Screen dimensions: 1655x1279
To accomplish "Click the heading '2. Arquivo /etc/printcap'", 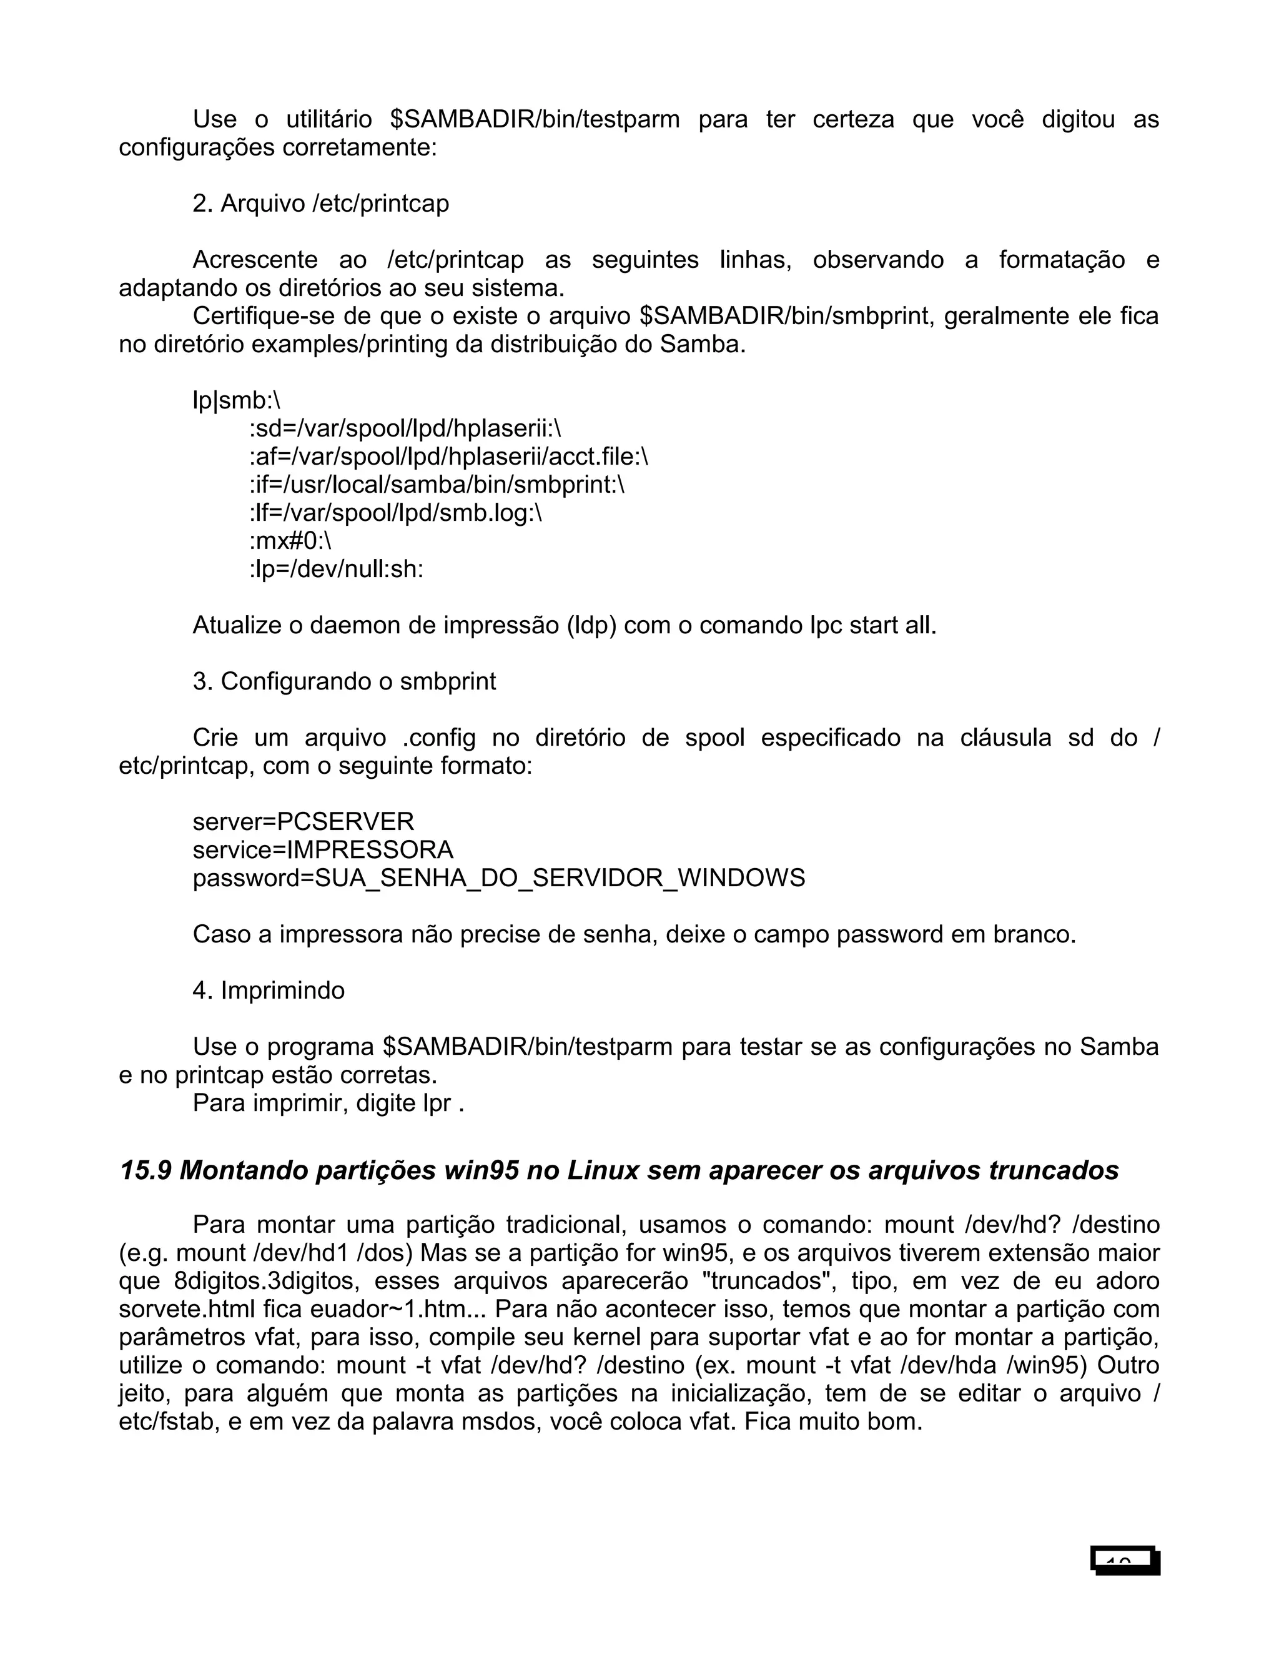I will [x=320, y=204].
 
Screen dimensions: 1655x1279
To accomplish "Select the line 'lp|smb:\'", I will [x=237, y=401].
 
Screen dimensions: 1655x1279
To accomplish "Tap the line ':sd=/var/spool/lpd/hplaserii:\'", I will [x=405, y=429].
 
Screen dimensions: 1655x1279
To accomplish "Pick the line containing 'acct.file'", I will [x=448, y=457].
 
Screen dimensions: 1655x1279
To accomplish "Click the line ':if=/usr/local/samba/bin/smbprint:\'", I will [x=437, y=485].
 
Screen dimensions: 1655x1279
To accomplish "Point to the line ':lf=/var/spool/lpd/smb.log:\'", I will [x=395, y=513].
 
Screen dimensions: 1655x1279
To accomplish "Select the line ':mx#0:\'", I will [x=290, y=541].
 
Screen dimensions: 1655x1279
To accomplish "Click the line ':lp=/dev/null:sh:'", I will [x=337, y=569].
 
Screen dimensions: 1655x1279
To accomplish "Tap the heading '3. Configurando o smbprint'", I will [x=344, y=681].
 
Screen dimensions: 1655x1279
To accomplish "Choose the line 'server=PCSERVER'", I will [x=303, y=821].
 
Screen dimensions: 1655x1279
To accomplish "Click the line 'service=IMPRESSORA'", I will [x=323, y=849].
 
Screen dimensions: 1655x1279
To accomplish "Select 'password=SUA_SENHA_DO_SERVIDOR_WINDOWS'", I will [x=498, y=877].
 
